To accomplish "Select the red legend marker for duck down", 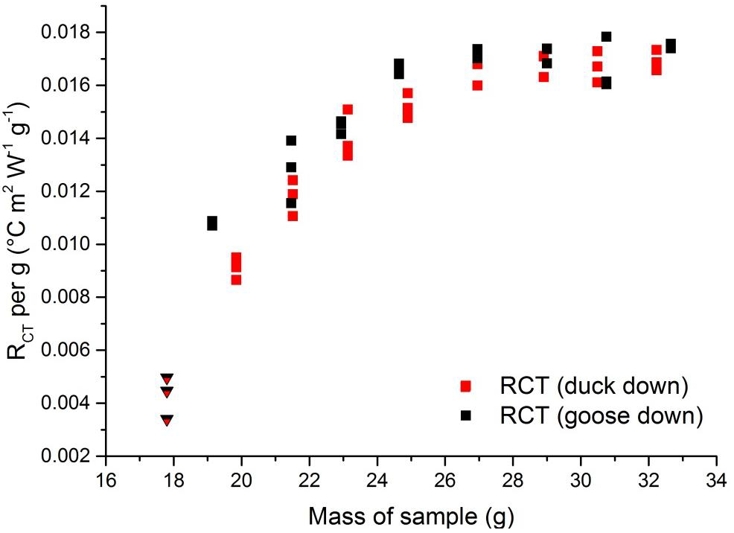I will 467,386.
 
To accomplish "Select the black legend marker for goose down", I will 467,415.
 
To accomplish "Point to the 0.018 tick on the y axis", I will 106,33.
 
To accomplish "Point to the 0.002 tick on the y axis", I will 106,456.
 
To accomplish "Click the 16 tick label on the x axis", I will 106,478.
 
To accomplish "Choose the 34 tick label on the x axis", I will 716,478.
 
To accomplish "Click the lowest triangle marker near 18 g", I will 167,421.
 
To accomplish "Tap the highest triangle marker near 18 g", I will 167,379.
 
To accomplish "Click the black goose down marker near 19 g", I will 212,223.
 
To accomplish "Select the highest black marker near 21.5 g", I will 291,141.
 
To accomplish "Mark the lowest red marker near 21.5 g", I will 293,216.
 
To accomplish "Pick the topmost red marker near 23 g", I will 348,109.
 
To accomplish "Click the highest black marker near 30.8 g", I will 606,36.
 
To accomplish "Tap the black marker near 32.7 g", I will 671,46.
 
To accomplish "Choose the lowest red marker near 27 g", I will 477,85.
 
